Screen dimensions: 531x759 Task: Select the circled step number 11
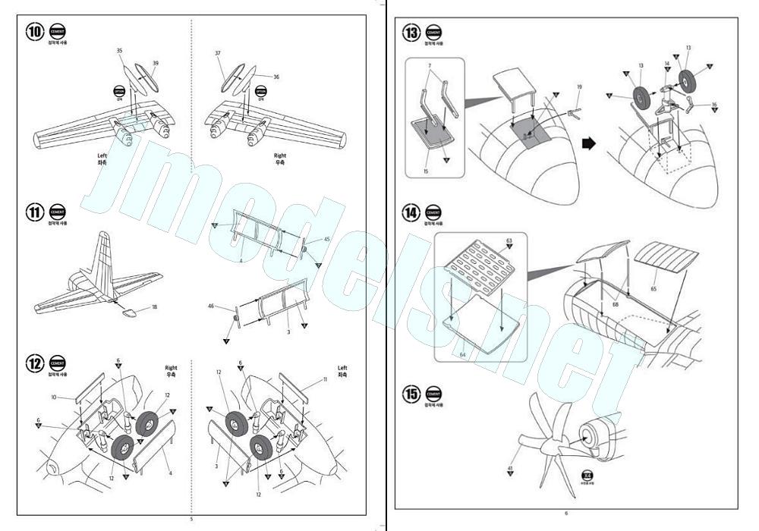(x=36, y=212)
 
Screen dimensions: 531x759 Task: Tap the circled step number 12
(x=36, y=363)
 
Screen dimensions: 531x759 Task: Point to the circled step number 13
(x=412, y=33)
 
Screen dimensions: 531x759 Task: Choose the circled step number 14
(x=412, y=213)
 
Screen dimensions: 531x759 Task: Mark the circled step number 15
(x=412, y=394)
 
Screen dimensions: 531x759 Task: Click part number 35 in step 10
(x=120, y=51)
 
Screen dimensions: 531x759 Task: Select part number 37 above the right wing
(x=218, y=54)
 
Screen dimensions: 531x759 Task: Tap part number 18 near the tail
(x=154, y=306)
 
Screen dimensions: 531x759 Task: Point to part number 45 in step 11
(x=327, y=240)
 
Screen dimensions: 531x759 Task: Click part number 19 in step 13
(x=579, y=87)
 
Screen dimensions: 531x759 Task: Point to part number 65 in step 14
(x=653, y=288)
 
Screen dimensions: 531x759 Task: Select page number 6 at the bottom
(x=566, y=514)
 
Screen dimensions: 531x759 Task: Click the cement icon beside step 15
(x=433, y=394)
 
